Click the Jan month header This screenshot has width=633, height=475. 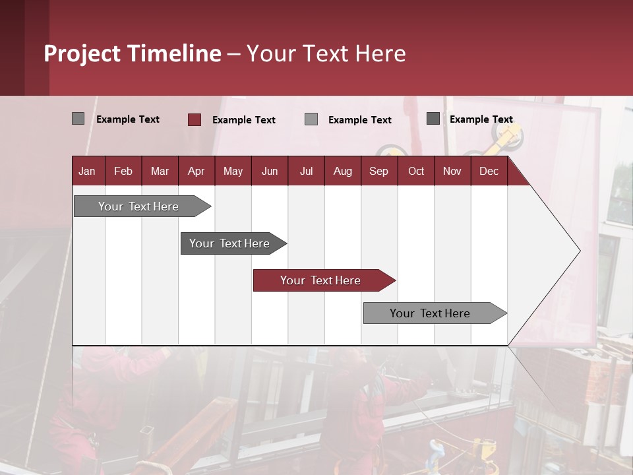tap(88, 171)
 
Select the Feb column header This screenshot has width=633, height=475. tap(123, 171)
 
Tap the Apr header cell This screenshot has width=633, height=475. tap(196, 171)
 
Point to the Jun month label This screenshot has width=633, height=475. tap(270, 171)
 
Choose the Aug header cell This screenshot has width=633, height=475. tap(343, 171)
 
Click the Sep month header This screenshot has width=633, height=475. tap(379, 171)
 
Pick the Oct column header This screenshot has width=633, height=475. tap(416, 171)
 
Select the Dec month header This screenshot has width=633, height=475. tap(489, 171)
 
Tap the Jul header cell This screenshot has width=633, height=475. tap(307, 171)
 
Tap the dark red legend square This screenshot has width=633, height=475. tap(195, 119)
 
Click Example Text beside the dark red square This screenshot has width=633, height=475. tap(244, 120)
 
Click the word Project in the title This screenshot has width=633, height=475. tap(82, 53)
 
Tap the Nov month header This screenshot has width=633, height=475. tap(452, 171)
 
